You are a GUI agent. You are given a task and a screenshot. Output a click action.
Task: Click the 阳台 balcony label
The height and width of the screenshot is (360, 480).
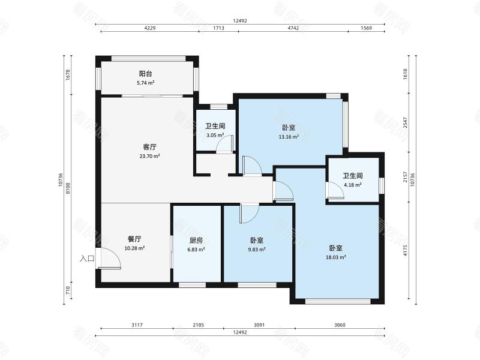(x=145, y=74)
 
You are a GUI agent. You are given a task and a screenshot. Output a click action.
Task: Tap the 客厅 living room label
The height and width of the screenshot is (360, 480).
(x=149, y=147)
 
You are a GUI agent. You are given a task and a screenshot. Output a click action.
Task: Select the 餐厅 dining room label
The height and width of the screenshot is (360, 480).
(x=134, y=239)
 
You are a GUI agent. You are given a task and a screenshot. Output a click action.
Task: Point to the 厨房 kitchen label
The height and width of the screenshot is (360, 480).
(x=196, y=241)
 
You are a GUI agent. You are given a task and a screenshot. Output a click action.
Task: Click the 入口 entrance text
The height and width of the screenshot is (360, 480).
(x=87, y=259)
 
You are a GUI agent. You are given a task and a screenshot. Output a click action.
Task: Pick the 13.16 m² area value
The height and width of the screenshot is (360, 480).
(x=289, y=137)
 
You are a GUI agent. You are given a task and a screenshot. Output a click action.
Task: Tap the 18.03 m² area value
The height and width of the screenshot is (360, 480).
(x=336, y=257)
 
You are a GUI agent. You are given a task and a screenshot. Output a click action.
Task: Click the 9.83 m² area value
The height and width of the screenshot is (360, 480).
(x=257, y=250)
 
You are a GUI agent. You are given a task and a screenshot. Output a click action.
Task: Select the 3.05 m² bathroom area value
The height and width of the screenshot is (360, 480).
(x=215, y=135)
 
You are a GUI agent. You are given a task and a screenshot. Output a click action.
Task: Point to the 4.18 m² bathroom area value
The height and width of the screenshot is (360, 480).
(x=353, y=185)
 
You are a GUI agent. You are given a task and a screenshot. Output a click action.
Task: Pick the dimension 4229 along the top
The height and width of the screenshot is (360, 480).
(x=149, y=28)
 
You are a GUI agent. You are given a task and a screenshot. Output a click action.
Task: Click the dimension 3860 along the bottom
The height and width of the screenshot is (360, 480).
(x=340, y=325)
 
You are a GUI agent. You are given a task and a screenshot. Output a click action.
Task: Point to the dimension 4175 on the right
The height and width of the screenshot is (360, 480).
(x=406, y=250)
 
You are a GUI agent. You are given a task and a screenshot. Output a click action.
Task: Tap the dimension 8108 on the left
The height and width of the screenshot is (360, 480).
(x=68, y=188)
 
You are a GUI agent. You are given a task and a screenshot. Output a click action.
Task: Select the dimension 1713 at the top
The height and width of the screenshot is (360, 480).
(x=218, y=28)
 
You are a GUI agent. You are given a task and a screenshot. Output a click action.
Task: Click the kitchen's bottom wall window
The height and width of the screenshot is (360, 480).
(x=192, y=285)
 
